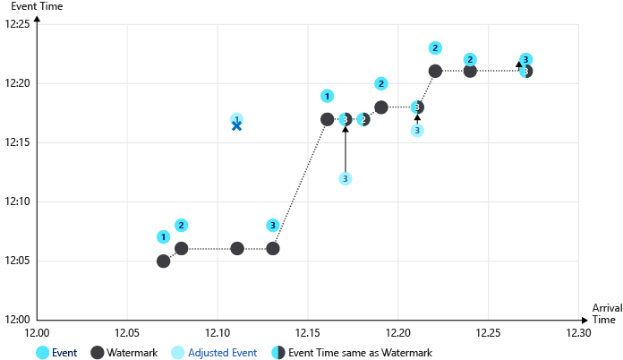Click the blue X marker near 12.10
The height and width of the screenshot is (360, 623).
click(x=236, y=125)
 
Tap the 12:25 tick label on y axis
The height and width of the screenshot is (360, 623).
click(x=18, y=24)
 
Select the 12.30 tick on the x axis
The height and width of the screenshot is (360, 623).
click(x=578, y=332)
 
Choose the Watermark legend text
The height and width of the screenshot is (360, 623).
click(x=132, y=353)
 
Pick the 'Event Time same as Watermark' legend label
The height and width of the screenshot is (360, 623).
click(x=360, y=353)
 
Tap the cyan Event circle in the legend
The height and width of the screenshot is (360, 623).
click(x=42, y=353)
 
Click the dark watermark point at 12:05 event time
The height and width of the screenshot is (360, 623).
click(x=164, y=261)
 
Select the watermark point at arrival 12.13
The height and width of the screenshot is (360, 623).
click(x=273, y=248)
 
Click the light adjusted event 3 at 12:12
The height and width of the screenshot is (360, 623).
click(x=346, y=178)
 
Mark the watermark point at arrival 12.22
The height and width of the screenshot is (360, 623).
click(x=435, y=71)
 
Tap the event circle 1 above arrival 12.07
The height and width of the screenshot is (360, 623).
click(x=163, y=237)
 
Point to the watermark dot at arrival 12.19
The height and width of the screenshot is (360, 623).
click(x=381, y=107)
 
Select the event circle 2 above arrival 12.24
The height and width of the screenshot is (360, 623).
click(x=471, y=59)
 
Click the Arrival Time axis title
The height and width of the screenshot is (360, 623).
click(x=606, y=313)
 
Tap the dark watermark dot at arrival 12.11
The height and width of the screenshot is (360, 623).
click(x=237, y=248)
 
